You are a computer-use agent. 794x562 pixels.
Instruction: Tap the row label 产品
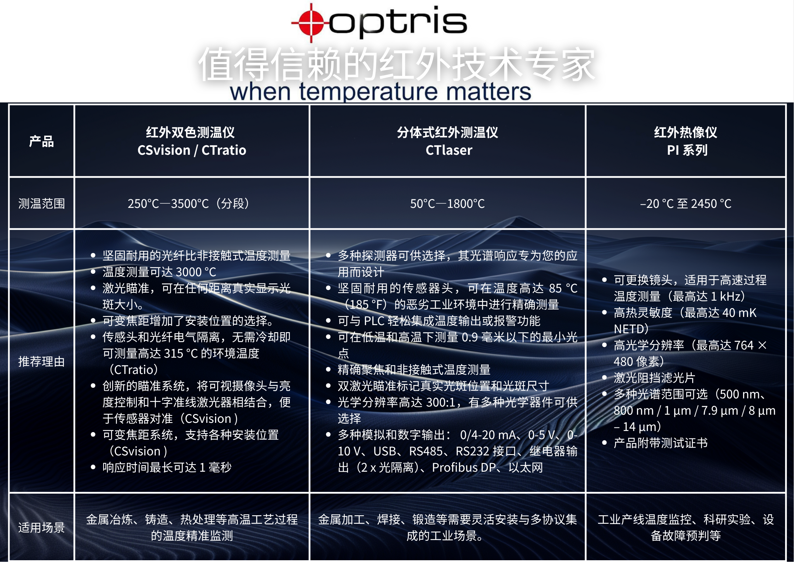[41, 141]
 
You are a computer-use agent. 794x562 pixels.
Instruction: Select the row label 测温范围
[41, 204]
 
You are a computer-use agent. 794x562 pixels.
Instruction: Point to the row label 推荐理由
[41, 362]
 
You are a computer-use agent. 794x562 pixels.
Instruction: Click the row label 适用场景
[41, 527]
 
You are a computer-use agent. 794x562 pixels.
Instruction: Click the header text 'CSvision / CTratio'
[192, 150]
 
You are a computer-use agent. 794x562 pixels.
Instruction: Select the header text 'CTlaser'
[449, 150]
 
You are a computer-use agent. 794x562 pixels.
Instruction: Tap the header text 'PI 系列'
[687, 150]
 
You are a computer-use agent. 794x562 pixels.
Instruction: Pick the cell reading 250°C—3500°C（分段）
[189, 204]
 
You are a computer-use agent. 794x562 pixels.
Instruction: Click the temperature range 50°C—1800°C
[447, 204]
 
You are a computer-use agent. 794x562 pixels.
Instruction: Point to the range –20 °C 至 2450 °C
[686, 204]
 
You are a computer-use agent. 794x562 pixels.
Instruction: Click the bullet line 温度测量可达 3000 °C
[159, 272]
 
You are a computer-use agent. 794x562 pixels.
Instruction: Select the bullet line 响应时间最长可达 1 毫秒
[167, 467]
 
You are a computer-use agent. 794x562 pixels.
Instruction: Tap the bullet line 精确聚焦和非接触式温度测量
[414, 370]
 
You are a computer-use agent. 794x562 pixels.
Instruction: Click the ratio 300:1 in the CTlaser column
[441, 402]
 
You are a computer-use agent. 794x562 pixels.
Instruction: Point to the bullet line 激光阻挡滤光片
[655, 378]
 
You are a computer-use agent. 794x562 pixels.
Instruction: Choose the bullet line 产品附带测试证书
[661, 443]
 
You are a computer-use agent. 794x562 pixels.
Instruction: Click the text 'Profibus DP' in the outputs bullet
[464, 467]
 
